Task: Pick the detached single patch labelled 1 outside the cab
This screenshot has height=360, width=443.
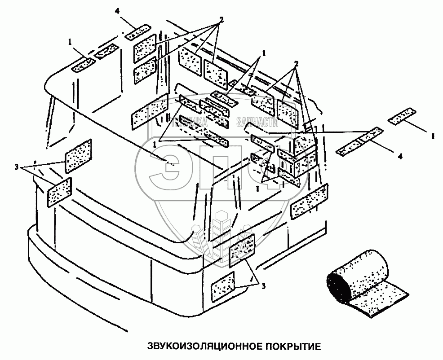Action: pyautogui.click(x=403, y=116)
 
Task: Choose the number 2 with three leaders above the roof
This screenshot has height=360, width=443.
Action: pyautogui.click(x=221, y=20)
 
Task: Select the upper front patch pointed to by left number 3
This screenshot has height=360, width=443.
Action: pyautogui.click(x=79, y=155)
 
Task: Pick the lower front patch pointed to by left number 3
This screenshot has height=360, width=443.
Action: pyautogui.click(x=60, y=192)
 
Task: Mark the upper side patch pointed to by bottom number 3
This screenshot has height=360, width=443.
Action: pyautogui.click(x=243, y=249)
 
